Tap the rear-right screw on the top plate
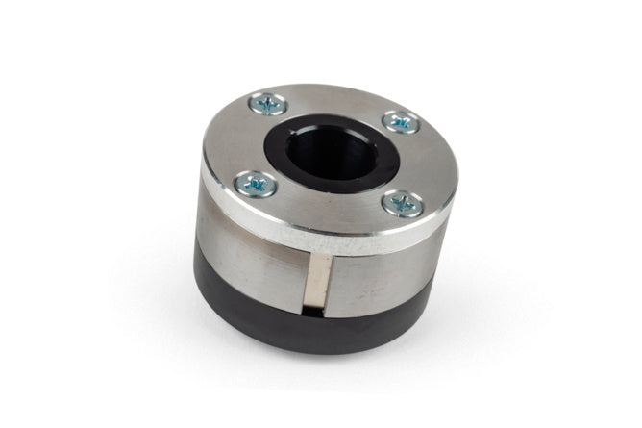pyautogui.click(x=401, y=121)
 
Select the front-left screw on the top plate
pyautogui.click(x=256, y=183)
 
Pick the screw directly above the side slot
pyautogui.click(x=403, y=204)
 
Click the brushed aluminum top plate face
pyautogui.click(x=327, y=207)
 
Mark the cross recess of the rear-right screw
pyautogui.click(x=401, y=121)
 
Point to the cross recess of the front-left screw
pyautogui.click(x=256, y=183)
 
